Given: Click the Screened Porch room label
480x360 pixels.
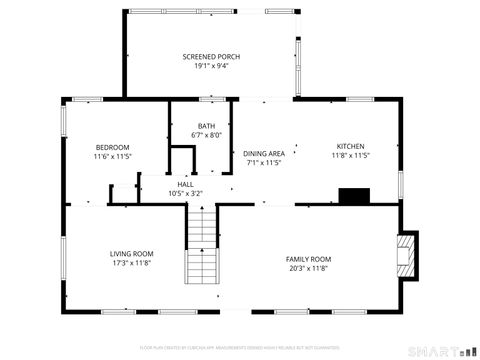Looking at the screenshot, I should pos(211,56).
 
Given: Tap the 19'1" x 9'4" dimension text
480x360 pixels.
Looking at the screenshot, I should pos(211,66).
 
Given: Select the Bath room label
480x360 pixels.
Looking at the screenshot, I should pos(206,126).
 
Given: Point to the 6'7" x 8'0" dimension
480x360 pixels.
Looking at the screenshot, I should pos(206,136).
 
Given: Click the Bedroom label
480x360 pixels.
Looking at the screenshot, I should pos(113,146).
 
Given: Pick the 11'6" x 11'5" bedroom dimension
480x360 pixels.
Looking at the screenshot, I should pos(113,156).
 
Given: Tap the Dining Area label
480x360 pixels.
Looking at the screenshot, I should pos(264,153).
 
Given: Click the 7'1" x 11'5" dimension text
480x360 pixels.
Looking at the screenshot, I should pos(264,162).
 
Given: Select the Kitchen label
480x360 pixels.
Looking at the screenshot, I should pos(350,146).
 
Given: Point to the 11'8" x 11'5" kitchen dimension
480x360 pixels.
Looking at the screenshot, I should pos(350,156).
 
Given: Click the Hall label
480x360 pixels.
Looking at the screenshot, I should pos(186,184).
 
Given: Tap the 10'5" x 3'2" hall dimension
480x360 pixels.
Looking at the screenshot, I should pos(186,193).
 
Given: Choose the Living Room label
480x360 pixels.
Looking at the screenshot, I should pos(131,254).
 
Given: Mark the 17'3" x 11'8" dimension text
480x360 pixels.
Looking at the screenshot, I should pos(131,264).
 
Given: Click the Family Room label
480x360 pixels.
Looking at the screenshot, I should pos(308,259).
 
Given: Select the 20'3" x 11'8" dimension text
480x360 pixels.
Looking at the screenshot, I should pos(308,268).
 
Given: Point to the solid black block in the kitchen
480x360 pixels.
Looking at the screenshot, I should pos(353,195).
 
